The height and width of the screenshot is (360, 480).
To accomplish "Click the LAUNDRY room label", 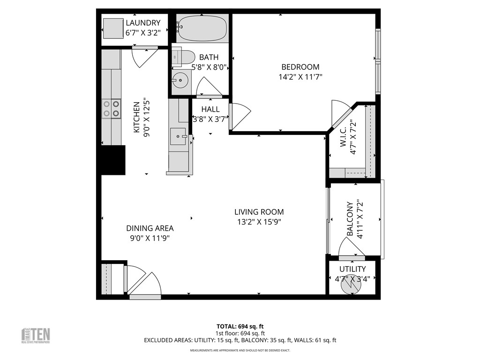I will click(x=143, y=23).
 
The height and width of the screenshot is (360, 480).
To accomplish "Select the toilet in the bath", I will click(x=183, y=57).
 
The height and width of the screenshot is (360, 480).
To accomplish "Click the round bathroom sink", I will click(x=179, y=81).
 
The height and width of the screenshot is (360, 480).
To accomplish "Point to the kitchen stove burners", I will click(x=111, y=109).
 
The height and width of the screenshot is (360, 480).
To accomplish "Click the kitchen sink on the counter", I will click(x=178, y=136).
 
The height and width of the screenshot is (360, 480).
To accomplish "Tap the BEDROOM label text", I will click(x=300, y=67).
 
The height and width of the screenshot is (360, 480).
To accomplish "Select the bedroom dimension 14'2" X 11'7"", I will click(x=300, y=77).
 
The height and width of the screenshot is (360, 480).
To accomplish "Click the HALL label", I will click(x=210, y=109).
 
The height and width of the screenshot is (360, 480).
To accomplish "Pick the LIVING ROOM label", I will click(x=259, y=212).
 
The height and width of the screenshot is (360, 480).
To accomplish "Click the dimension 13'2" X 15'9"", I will click(x=259, y=222).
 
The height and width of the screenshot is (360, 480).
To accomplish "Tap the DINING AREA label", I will click(x=150, y=228).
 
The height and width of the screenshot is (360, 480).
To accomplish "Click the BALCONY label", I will click(x=350, y=219).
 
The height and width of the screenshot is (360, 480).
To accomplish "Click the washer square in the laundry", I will click(x=113, y=28).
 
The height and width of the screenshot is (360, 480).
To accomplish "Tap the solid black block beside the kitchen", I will click(x=113, y=160).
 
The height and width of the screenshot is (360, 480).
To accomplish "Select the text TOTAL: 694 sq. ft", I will click(x=240, y=326).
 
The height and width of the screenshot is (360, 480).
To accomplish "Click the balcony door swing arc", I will click(x=351, y=246).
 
